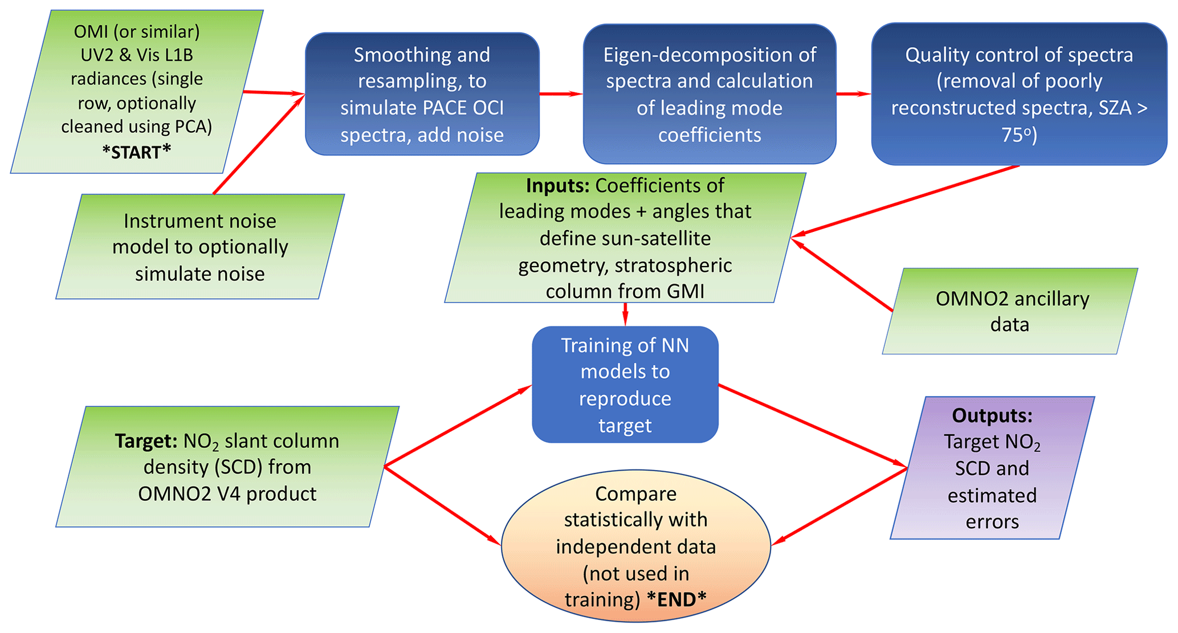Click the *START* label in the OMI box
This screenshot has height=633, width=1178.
coord(137,152)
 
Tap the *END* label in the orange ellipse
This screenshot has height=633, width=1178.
coord(676,599)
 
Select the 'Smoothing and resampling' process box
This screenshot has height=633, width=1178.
coord(422,94)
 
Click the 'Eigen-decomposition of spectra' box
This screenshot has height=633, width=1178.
coord(709,94)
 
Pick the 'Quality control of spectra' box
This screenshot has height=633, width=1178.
coord(1019,94)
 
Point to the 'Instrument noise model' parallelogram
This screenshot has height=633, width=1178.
coord(199,247)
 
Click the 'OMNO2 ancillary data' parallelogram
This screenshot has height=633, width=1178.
coord(1010,311)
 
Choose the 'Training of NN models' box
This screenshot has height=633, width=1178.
coord(625,385)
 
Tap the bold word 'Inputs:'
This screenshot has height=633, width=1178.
coord(557,186)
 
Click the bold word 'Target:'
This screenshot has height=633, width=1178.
coord(146,441)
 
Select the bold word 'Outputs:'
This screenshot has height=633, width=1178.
coord(992,415)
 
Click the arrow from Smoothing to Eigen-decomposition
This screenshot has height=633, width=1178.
coord(561,94)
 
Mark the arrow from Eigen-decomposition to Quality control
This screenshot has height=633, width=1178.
coord(853,94)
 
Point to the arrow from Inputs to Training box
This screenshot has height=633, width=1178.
coord(625,314)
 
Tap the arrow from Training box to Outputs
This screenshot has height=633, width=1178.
coord(812,426)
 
